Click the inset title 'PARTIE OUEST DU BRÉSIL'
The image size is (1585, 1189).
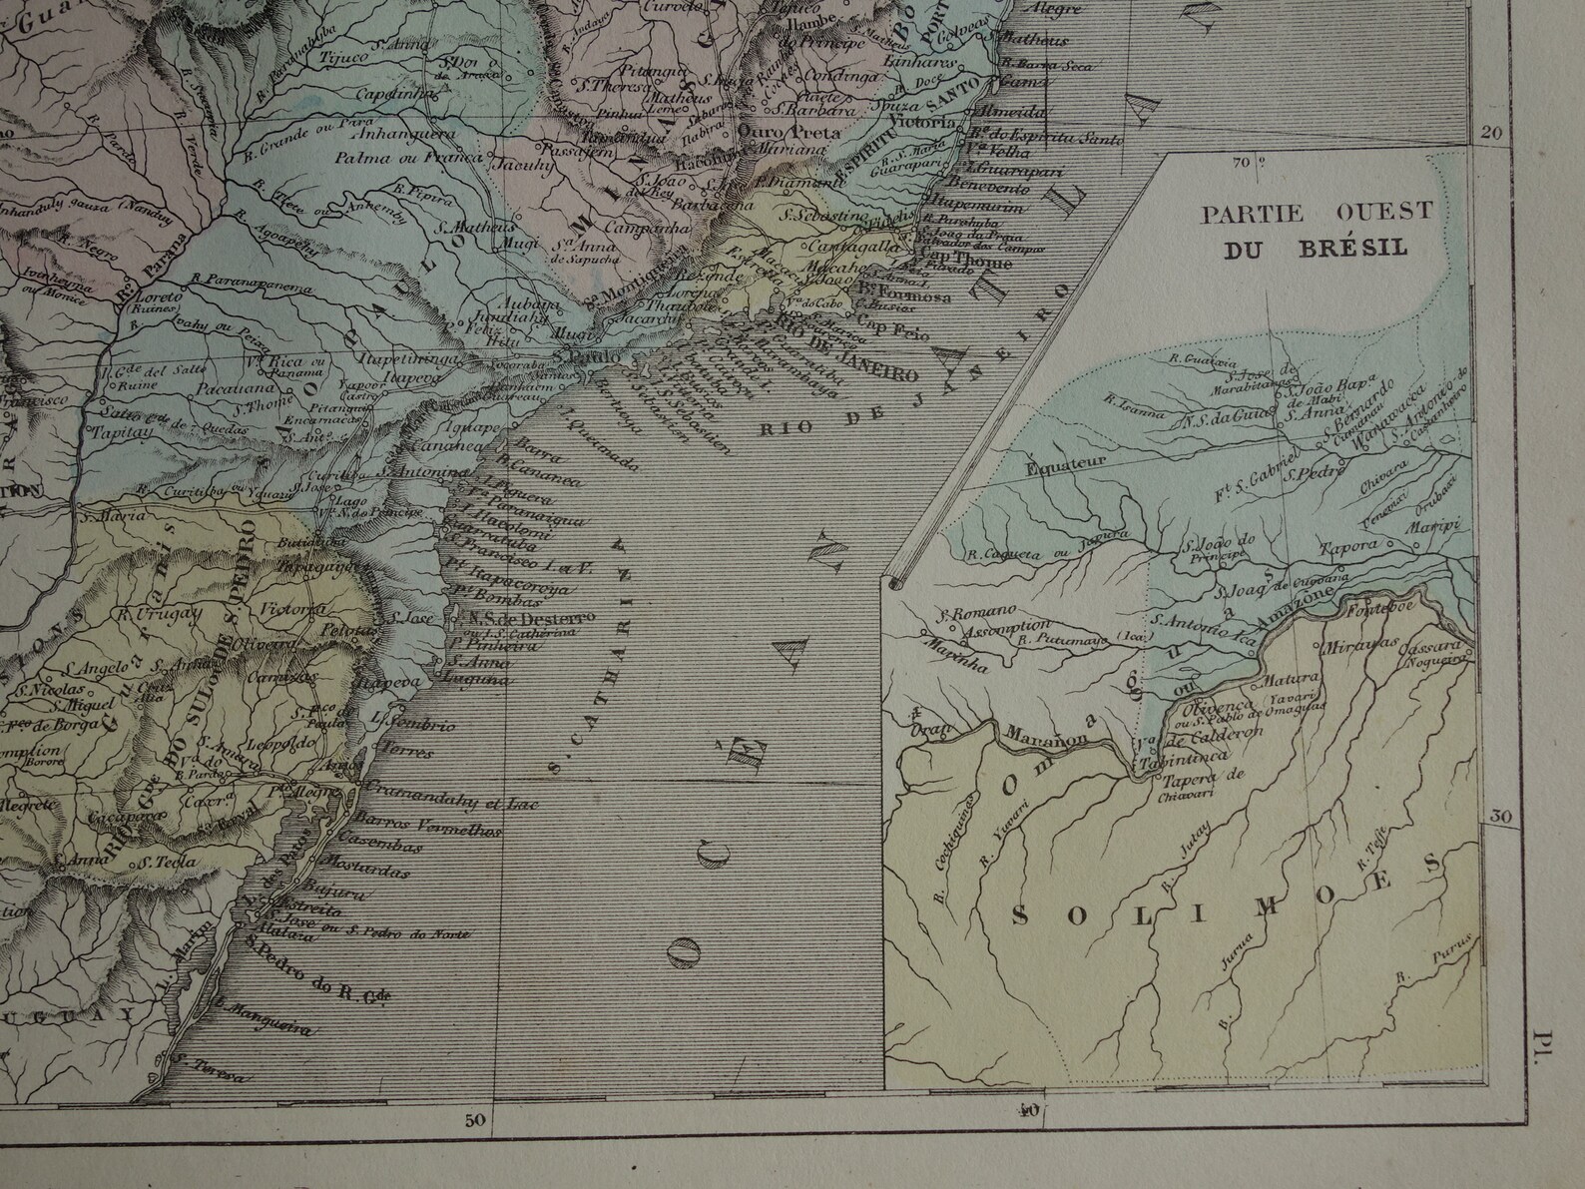[1317, 229]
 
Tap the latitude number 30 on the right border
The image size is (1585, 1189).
[1499, 817]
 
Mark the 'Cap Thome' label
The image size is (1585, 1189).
[975, 264]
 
